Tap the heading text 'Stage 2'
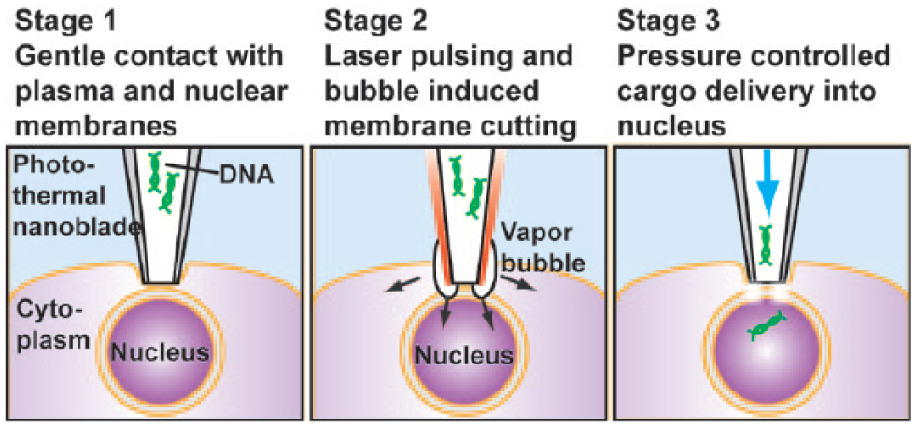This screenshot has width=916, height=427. click(375, 21)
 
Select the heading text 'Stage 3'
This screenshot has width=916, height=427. click(669, 21)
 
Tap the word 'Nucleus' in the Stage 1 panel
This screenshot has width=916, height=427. click(161, 352)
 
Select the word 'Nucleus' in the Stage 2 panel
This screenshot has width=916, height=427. click(464, 354)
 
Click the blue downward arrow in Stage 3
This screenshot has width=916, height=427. click(766, 189)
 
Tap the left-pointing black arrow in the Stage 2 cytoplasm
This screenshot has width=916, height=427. click(401, 283)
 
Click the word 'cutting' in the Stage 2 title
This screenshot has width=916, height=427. click(535, 126)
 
